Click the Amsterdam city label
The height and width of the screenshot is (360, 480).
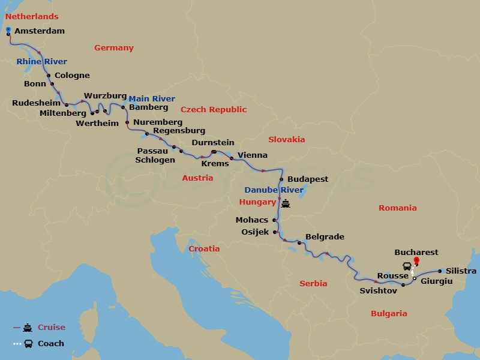(x=39, y=31)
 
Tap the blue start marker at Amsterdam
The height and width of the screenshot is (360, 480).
(x=8, y=29)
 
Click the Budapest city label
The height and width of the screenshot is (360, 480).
(x=308, y=179)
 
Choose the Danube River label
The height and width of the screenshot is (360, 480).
(x=274, y=190)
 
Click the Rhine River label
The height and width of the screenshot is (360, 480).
(x=41, y=62)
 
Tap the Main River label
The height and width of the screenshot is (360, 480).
(x=151, y=99)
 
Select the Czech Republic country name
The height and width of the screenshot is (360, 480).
(x=214, y=110)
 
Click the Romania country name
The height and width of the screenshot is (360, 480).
(x=397, y=208)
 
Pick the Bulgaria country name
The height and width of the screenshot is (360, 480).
(x=389, y=313)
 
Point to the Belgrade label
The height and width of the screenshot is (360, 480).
(x=325, y=237)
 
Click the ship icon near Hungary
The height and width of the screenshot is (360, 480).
(x=286, y=203)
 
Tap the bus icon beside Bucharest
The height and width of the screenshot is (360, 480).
(x=406, y=266)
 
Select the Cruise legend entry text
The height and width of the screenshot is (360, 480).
(x=52, y=328)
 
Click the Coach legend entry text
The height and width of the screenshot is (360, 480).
(x=51, y=344)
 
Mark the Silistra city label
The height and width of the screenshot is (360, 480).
(x=461, y=271)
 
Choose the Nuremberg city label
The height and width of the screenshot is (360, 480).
(x=158, y=122)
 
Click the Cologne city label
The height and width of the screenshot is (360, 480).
(x=72, y=76)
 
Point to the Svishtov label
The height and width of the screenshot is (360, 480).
(x=377, y=290)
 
